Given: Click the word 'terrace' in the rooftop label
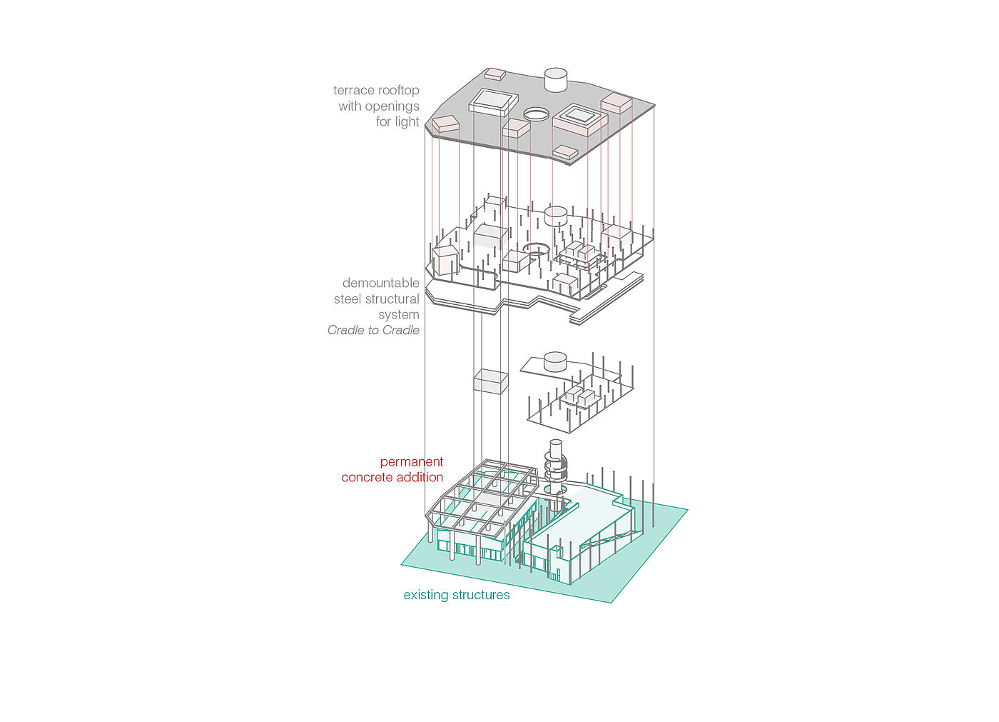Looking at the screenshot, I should point(354,90).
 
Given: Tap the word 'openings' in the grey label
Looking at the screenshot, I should point(392,106).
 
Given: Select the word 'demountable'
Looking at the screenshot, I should point(381,283).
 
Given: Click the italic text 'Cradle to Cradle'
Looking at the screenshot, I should point(373,330).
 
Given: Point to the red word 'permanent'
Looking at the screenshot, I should point(411,461).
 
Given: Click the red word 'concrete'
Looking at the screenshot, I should point(366,477).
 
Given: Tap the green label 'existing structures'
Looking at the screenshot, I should point(457,595).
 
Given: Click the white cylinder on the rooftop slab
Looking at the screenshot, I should point(556,79).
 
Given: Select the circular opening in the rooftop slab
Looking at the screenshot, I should point(537,113).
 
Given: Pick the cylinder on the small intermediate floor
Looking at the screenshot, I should point(555,361).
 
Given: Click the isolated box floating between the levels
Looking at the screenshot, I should point(491,381).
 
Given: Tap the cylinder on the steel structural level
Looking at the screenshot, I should point(556,216).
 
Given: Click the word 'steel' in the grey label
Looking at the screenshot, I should point(348,299).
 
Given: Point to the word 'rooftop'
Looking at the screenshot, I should point(399,90).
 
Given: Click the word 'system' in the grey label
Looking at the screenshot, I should point(399,315).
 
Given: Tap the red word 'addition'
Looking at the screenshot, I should point(420,477).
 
